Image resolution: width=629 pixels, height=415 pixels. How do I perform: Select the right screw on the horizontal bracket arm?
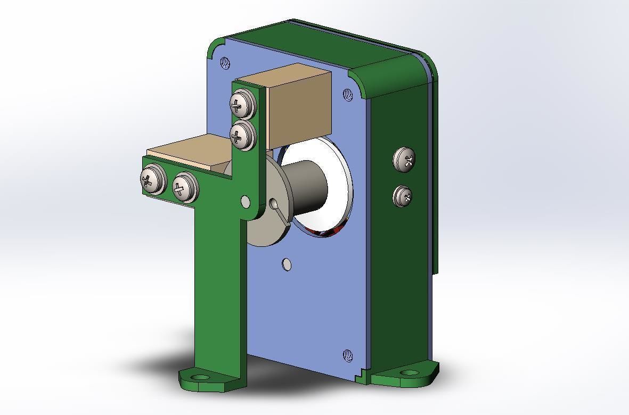point(184,187)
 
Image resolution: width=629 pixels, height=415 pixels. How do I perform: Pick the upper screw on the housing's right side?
point(404,159)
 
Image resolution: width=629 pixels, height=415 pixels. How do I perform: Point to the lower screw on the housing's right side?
point(403,196)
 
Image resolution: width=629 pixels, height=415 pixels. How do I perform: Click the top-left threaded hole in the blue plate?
point(225,63)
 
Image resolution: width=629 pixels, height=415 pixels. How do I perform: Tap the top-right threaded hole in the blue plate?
point(348,95)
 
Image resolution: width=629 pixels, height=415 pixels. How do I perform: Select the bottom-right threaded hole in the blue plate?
point(347,355)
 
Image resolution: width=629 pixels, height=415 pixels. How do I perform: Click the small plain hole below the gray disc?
point(287,264)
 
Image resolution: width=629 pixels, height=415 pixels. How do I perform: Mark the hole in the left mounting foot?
point(201,377)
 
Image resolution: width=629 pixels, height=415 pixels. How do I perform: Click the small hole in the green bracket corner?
point(245,202)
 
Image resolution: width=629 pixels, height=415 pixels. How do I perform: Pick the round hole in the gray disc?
point(274,204)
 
